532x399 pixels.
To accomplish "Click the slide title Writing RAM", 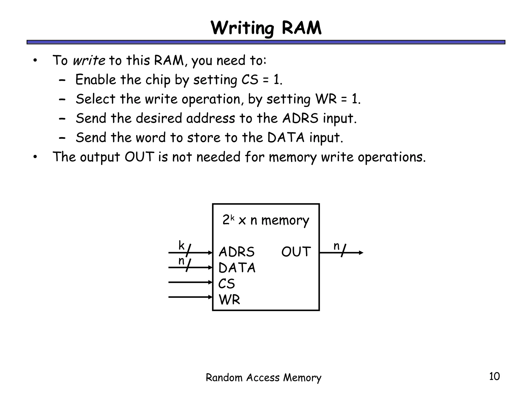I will click(x=266, y=28).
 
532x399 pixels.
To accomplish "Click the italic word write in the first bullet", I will click(x=89, y=60).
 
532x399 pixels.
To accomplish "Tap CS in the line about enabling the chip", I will click(x=250, y=79).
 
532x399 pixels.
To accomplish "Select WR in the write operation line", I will click(x=326, y=99).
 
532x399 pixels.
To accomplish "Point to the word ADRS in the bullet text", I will click(x=300, y=118).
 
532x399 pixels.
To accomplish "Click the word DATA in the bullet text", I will click(x=286, y=137).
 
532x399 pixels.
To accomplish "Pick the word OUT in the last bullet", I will click(x=139, y=157).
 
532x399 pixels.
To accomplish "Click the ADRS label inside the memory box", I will click(x=236, y=252).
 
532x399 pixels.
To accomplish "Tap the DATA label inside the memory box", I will click(x=237, y=268).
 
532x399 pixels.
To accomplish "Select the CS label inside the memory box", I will click(x=227, y=284).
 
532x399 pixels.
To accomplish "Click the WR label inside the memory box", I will click(x=229, y=300).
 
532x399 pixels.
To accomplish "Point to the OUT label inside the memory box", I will click(x=296, y=252).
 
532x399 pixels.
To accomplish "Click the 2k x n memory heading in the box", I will click(x=266, y=220).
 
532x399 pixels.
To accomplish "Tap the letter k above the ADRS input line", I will click(x=181, y=245).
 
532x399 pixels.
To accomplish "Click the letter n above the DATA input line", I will click(x=181, y=261).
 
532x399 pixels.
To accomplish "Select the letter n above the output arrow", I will click(x=336, y=246).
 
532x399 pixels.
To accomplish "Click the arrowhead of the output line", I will click(x=361, y=252).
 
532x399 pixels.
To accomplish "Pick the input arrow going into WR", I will click(x=190, y=297).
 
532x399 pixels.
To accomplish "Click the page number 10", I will click(x=494, y=376).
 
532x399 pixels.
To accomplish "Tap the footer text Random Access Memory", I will click(x=263, y=377).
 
